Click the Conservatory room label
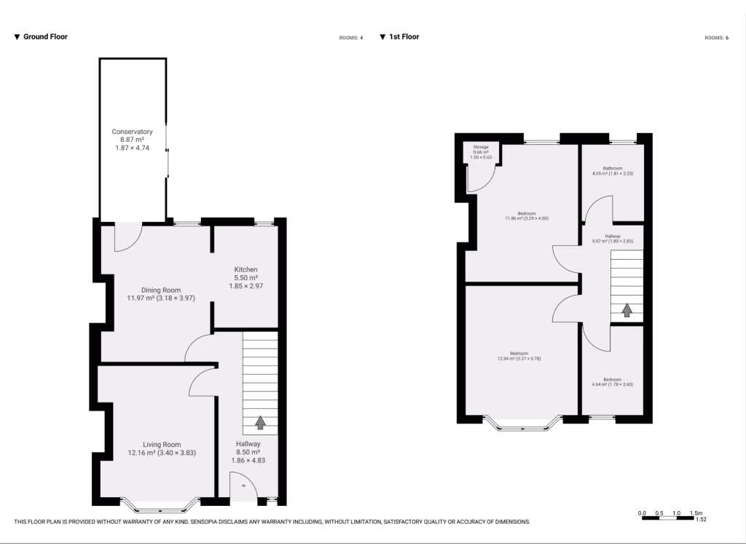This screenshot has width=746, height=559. click(x=132, y=132)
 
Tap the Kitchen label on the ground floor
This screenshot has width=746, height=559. click(x=246, y=270)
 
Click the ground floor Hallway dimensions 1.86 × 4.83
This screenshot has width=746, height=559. click(x=248, y=461)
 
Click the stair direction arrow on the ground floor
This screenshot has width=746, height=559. click(x=260, y=421)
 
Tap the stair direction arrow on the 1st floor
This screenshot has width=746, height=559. click(x=626, y=310)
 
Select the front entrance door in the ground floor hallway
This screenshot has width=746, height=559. click(x=243, y=488)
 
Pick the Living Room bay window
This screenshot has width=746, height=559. click(x=159, y=502)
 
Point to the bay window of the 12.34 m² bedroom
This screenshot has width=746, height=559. click(x=522, y=423)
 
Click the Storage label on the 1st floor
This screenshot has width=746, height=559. click(x=481, y=147)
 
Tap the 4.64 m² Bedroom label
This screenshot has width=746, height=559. click(x=612, y=379)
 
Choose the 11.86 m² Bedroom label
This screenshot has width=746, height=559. click(x=522, y=214)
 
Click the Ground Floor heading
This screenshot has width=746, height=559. click(x=45, y=36)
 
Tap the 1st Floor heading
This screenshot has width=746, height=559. click(x=404, y=36)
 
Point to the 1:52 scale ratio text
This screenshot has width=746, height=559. click(x=702, y=520)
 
